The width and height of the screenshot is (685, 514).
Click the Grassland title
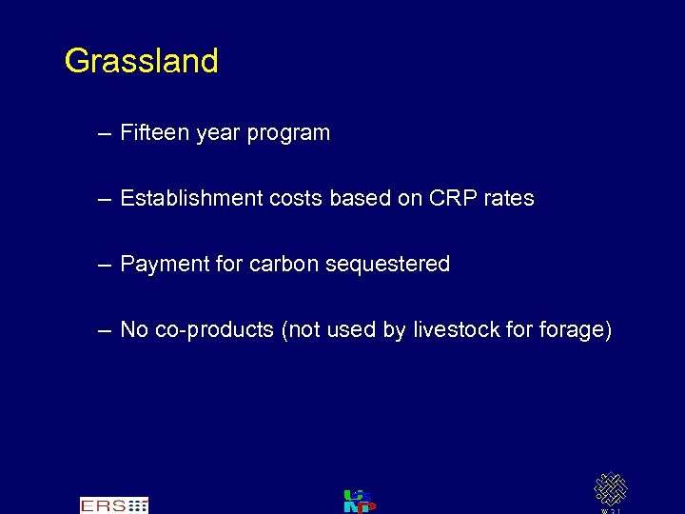(141, 62)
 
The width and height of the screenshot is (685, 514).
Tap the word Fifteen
(155, 133)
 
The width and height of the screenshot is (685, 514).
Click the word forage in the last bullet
(575, 330)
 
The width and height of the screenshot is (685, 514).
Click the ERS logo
(114, 504)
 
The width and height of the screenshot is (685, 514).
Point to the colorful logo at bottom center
(359, 501)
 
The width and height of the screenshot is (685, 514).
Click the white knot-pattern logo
(610, 489)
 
